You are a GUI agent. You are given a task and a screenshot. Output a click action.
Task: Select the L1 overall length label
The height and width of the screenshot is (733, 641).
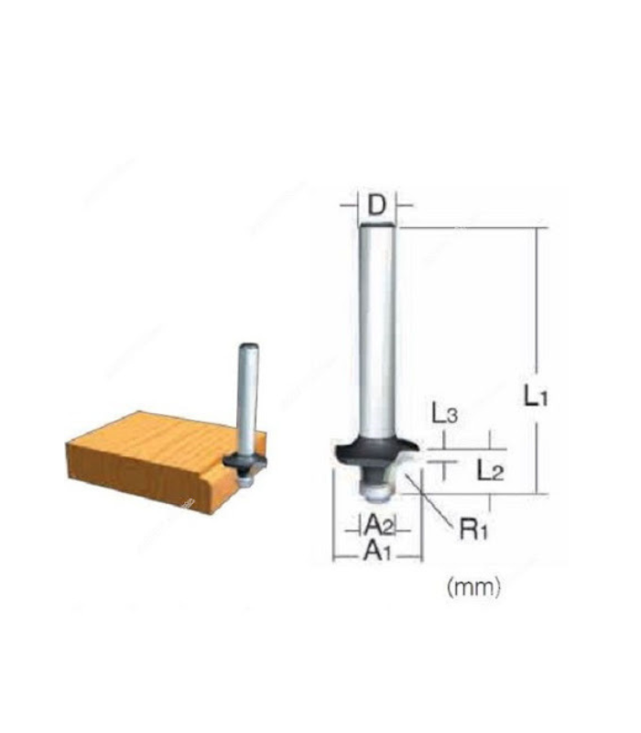click(x=537, y=397)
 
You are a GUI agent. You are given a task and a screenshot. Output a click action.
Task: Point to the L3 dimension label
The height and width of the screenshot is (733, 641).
click(x=444, y=414)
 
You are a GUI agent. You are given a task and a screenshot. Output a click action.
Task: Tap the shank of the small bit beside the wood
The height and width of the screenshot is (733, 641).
click(x=247, y=394)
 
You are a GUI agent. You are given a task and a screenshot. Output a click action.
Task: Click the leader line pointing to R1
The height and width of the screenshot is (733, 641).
click(x=435, y=500)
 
